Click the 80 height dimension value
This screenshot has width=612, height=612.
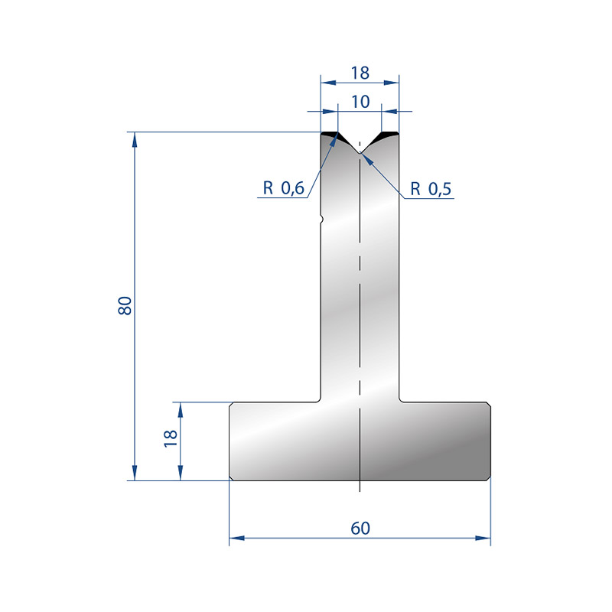tap(125, 305)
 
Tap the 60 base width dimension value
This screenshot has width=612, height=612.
tap(360, 528)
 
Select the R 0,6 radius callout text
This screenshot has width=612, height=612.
tap(283, 188)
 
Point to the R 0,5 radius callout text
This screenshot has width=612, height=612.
tap(431, 189)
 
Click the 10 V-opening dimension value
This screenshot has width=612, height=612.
tap(360, 102)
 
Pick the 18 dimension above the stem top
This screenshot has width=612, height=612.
tap(360, 73)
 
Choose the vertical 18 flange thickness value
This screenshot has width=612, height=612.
tap(171, 438)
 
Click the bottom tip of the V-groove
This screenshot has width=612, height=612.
tap(360, 152)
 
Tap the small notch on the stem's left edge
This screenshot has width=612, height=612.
tap(321, 220)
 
